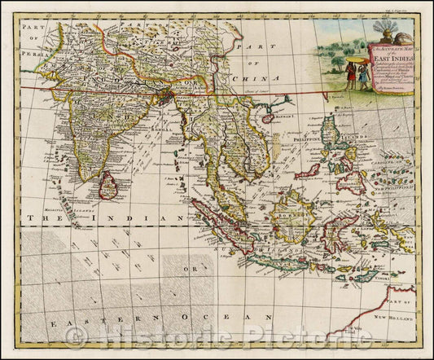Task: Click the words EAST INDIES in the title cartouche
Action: (397, 59)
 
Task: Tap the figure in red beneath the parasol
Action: (350, 76)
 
